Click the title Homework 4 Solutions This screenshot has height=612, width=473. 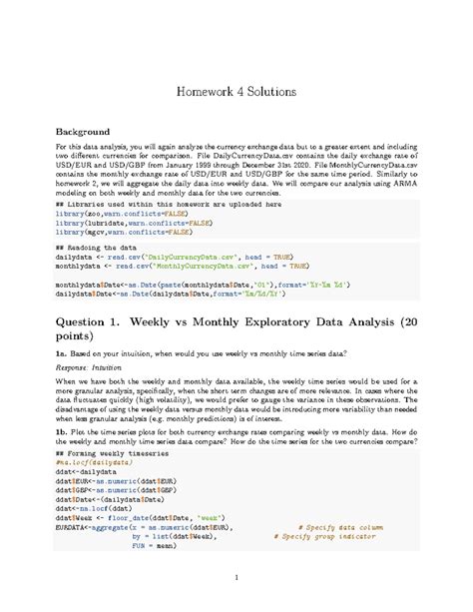236,91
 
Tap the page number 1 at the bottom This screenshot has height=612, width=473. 236,578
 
